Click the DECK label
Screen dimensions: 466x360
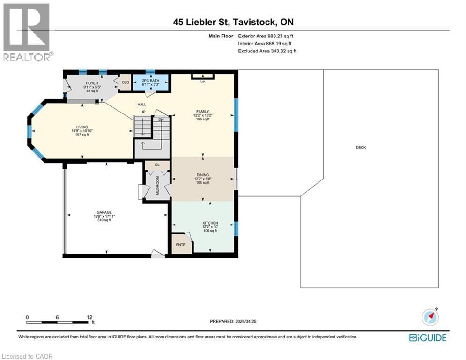point(361,147)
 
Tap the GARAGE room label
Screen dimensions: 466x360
point(104,212)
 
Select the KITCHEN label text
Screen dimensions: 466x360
point(210,223)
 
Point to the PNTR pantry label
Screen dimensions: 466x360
point(181,245)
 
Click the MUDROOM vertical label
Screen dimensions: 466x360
point(157,186)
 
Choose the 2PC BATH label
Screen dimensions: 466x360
point(151,81)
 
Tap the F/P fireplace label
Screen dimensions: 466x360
point(202,82)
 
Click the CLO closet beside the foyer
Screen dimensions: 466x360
point(126,82)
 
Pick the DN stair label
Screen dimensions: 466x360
point(161,120)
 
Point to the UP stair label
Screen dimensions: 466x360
point(143,112)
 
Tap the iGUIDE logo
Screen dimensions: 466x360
point(428,337)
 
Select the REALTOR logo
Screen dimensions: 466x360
point(27,32)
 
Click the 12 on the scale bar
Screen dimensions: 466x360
point(89,317)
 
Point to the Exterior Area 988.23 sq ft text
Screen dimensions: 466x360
point(266,36)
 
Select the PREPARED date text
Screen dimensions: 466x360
point(233,321)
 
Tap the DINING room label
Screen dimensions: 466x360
point(203,175)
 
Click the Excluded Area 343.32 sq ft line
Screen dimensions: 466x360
point(267,51)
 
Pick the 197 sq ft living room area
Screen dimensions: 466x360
point(82,135)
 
